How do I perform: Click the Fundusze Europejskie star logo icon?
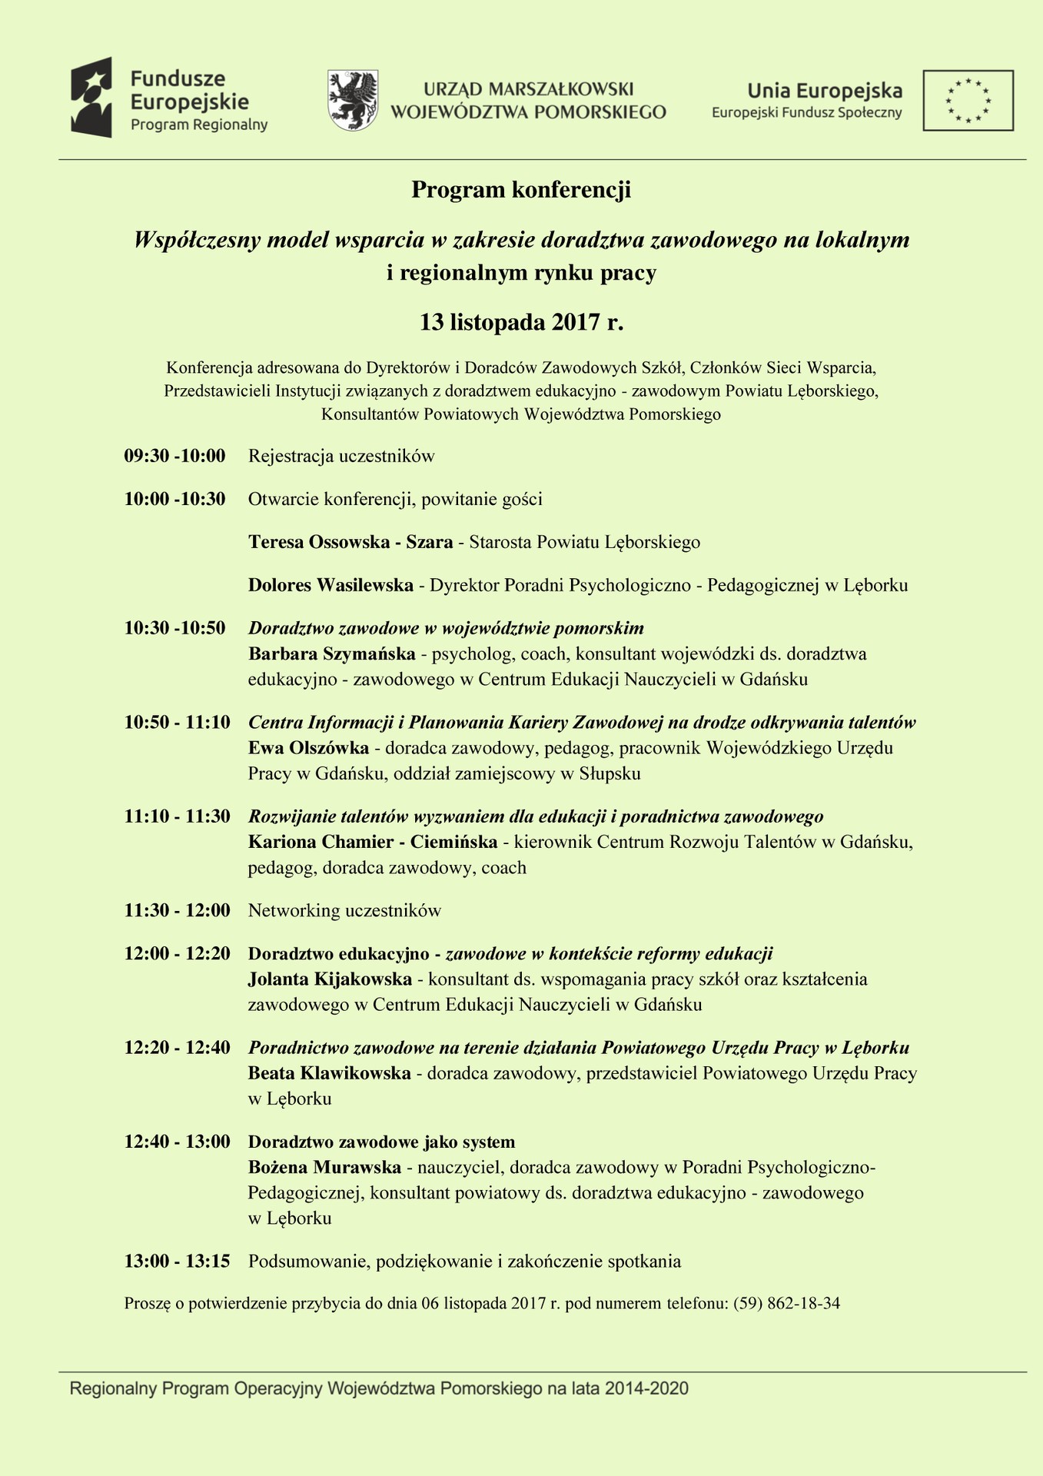(91, 98)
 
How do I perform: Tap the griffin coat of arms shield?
(353, 100)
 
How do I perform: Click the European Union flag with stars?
(968, 100)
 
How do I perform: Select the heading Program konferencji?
(521, 190)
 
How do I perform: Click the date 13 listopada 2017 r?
(521, 321)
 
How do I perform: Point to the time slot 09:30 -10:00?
(175, 456)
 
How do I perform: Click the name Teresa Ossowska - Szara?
(350, 542)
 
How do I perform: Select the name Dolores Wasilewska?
(331, 585)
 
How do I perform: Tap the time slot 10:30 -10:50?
(175, 628)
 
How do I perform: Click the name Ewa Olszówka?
(308, 748)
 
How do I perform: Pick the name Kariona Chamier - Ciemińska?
(373, 842)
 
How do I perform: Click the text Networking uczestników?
(344, 911)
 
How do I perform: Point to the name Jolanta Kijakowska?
(330, 979)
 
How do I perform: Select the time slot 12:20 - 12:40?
(178, 1048)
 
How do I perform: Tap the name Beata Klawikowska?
(329, 1073)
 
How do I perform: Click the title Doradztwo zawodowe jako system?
(381, 1142)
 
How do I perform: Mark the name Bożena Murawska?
(324, 1168)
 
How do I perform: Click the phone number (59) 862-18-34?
(786, 1304)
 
